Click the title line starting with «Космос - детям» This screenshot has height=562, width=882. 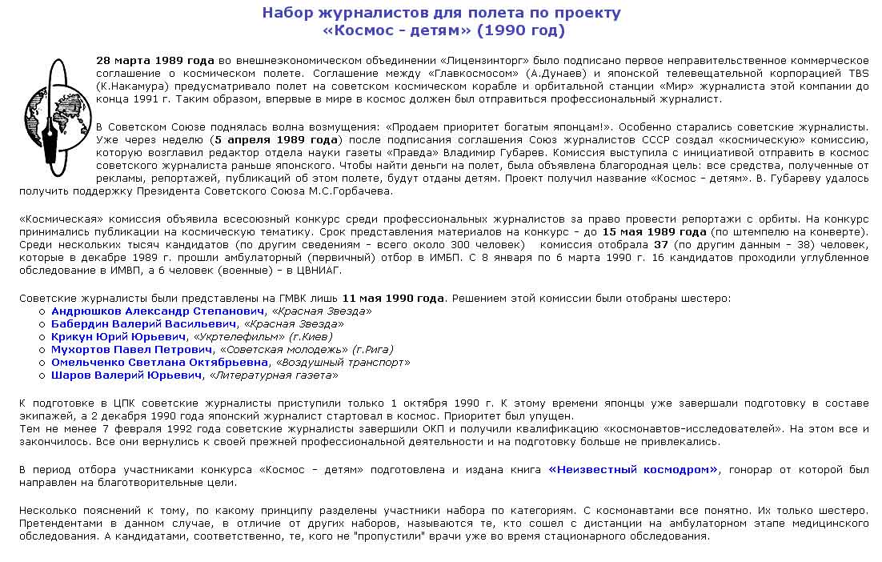coord(441,30)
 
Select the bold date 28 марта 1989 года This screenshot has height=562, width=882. coord(154,61)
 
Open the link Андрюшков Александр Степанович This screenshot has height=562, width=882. coord(157,311)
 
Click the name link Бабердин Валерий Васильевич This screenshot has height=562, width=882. coord(144,323)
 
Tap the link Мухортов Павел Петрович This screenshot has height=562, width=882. coord(132,349)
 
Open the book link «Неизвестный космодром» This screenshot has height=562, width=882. coord(633,470)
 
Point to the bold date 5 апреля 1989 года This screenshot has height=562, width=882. coord(273,139)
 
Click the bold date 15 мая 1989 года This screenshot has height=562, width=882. coord(654,232)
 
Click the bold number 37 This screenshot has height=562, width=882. coord(660,245)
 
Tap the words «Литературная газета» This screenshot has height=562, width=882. coord(274,375)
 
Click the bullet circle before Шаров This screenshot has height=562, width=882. coord(42,375)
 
